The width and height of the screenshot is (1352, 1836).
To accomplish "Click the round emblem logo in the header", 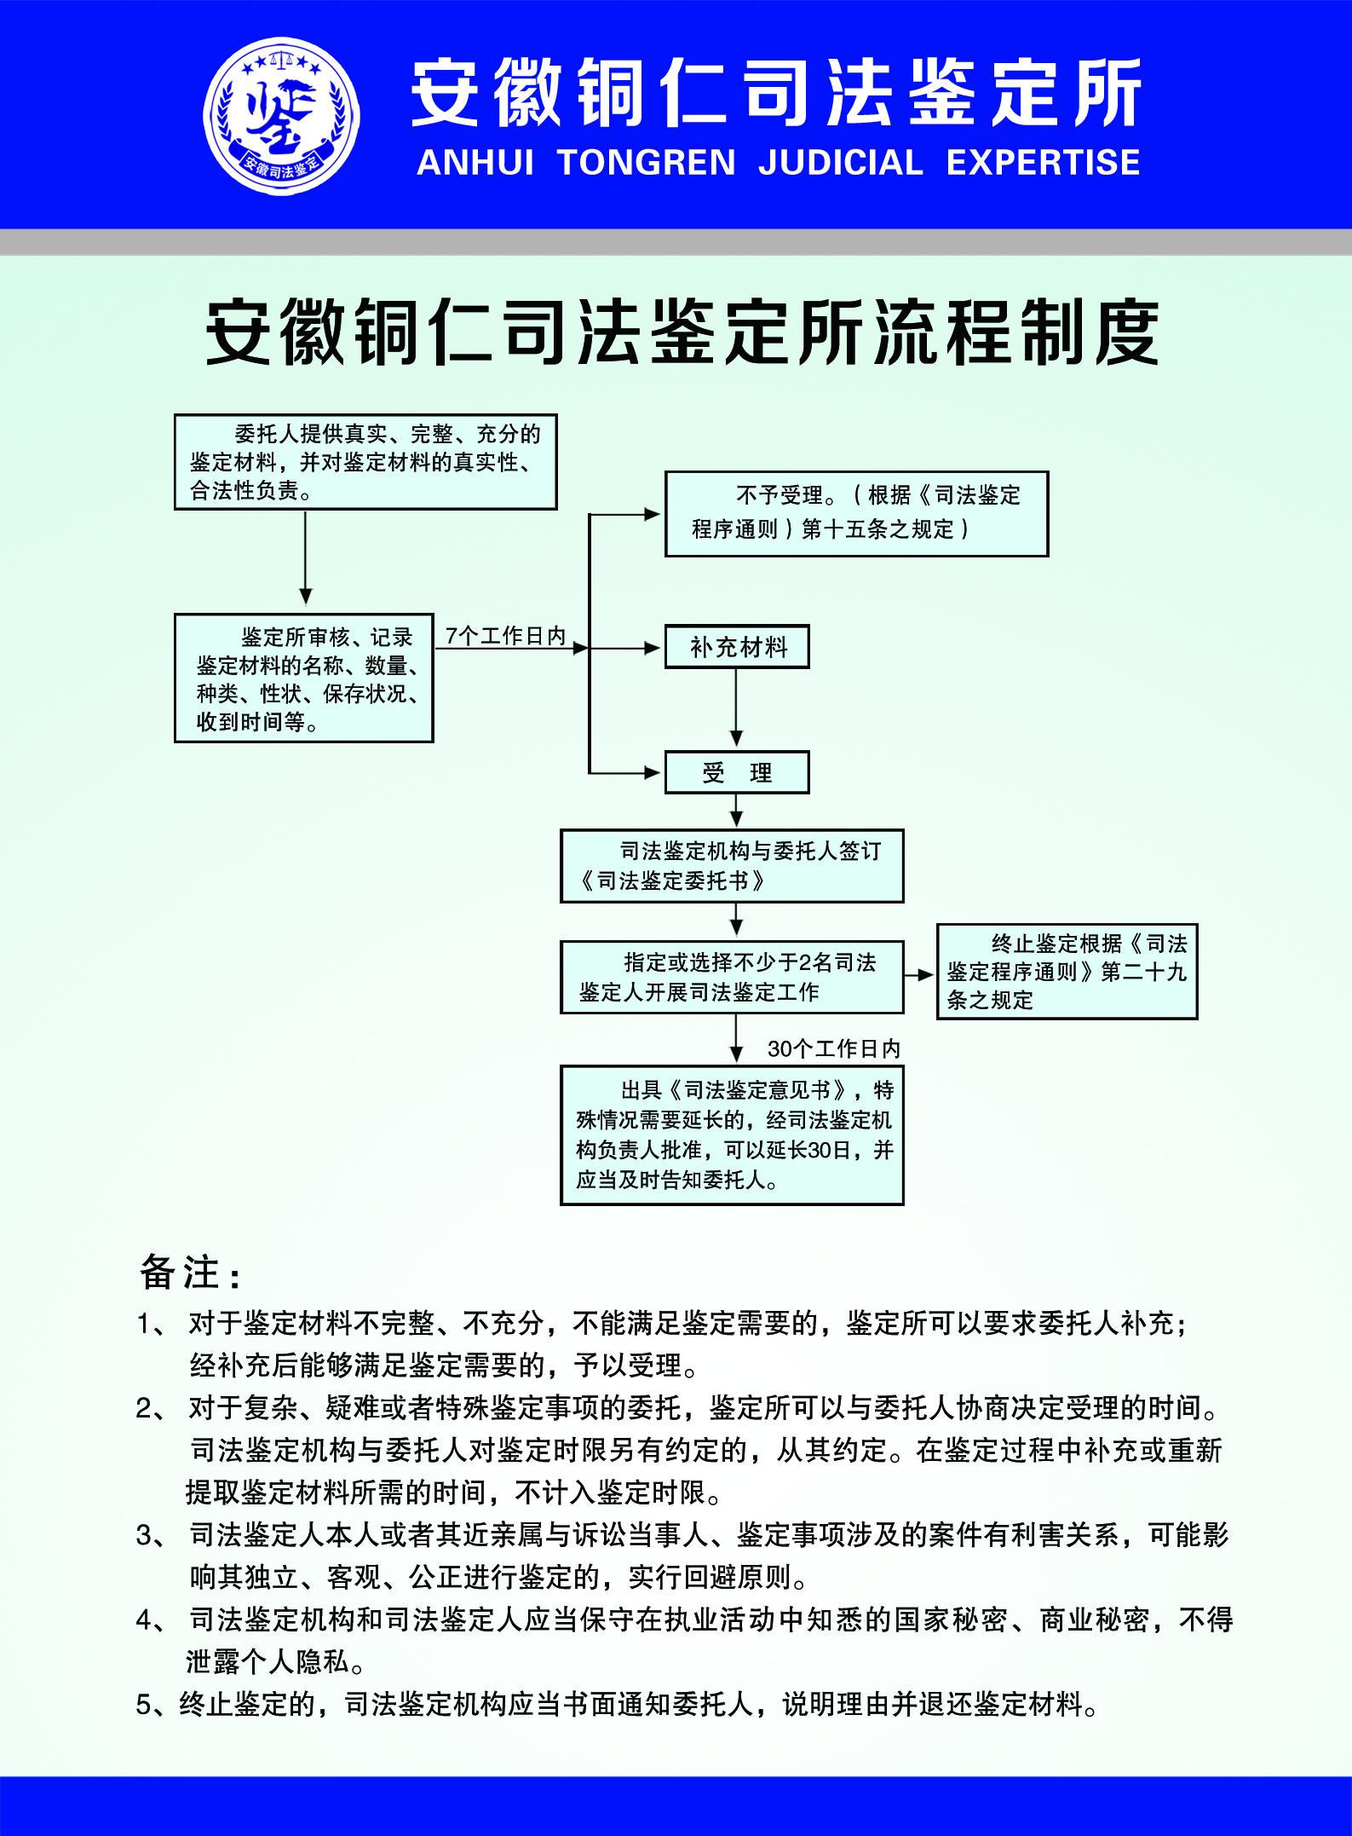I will [281, 116].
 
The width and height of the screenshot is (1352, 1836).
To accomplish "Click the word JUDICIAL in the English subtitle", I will [840, 163].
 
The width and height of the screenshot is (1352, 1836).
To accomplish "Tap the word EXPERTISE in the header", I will [1043, 163].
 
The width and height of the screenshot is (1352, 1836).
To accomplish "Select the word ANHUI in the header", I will [475, 163].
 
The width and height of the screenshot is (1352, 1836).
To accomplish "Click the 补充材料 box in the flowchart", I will [737, 647].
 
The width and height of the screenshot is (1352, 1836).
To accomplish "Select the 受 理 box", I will [737, 773].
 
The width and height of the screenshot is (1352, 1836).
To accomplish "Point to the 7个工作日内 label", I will [505, 636].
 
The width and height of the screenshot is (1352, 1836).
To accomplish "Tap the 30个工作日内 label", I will [833, 1048].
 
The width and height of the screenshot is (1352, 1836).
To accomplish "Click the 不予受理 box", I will [856, 514].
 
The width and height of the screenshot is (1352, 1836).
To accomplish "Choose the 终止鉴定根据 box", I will [1067, 972].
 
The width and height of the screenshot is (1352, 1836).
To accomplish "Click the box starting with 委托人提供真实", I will [365, 462].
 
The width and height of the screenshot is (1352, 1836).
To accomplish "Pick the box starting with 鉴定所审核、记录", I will [304, 678].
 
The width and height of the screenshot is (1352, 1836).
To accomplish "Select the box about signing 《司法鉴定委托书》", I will [732, 866].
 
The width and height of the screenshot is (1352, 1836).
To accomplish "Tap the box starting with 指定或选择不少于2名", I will [732, 978].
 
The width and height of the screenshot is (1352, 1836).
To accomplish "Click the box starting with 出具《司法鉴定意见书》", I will [732, 1135].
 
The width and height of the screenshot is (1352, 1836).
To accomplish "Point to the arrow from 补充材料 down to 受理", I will [737, 707].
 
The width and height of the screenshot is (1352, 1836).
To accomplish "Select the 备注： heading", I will [189, 1273].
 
